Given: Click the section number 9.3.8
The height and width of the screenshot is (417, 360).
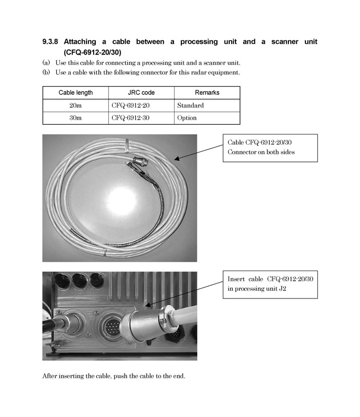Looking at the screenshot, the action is click(50, 42).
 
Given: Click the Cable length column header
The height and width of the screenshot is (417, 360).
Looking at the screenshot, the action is click(76, 93).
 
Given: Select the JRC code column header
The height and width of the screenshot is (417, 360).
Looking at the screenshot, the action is click(141, 93).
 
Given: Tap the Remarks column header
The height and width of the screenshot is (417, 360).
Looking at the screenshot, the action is click(207, 93).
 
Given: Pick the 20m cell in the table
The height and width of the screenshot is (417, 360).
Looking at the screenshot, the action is click(76, 106).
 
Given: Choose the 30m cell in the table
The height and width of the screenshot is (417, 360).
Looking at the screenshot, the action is click(76, 118).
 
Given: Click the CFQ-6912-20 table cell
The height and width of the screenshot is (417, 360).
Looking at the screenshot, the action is click(130, 106).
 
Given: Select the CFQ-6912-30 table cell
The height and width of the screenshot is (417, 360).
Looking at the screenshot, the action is click(130, 118).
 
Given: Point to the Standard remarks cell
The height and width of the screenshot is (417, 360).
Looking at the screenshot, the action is click(191, 106).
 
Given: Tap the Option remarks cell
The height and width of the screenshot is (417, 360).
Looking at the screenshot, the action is click(187, 118).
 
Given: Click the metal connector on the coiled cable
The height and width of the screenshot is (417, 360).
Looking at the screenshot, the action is click(138, 161).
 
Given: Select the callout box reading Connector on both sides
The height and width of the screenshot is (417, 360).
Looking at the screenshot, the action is click(270, 148).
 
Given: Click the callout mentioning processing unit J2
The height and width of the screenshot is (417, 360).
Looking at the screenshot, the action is click(270, 285).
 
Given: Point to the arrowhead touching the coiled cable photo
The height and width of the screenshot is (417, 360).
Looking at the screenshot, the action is click(177, 159).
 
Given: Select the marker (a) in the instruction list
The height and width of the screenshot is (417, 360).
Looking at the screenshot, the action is click(46, 63).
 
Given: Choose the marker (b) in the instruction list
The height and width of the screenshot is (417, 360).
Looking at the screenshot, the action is click(46, 72).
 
